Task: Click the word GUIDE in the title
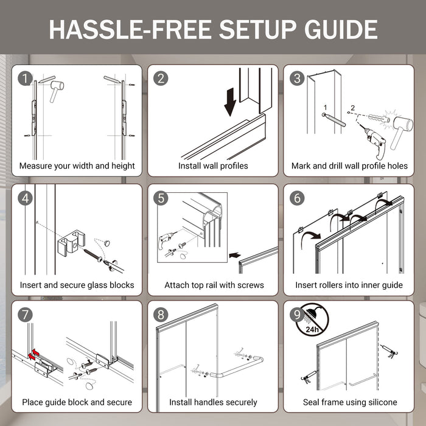341,29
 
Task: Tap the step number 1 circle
25,79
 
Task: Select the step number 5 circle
161,198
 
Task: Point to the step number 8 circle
161,315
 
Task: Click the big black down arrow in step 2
230,102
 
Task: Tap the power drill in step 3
373,142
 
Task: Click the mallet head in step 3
404,124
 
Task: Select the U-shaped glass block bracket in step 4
71,243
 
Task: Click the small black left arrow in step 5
235,256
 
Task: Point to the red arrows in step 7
33,355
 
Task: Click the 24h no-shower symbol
312,319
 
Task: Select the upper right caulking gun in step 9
389,352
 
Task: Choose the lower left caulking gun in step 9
309,377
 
